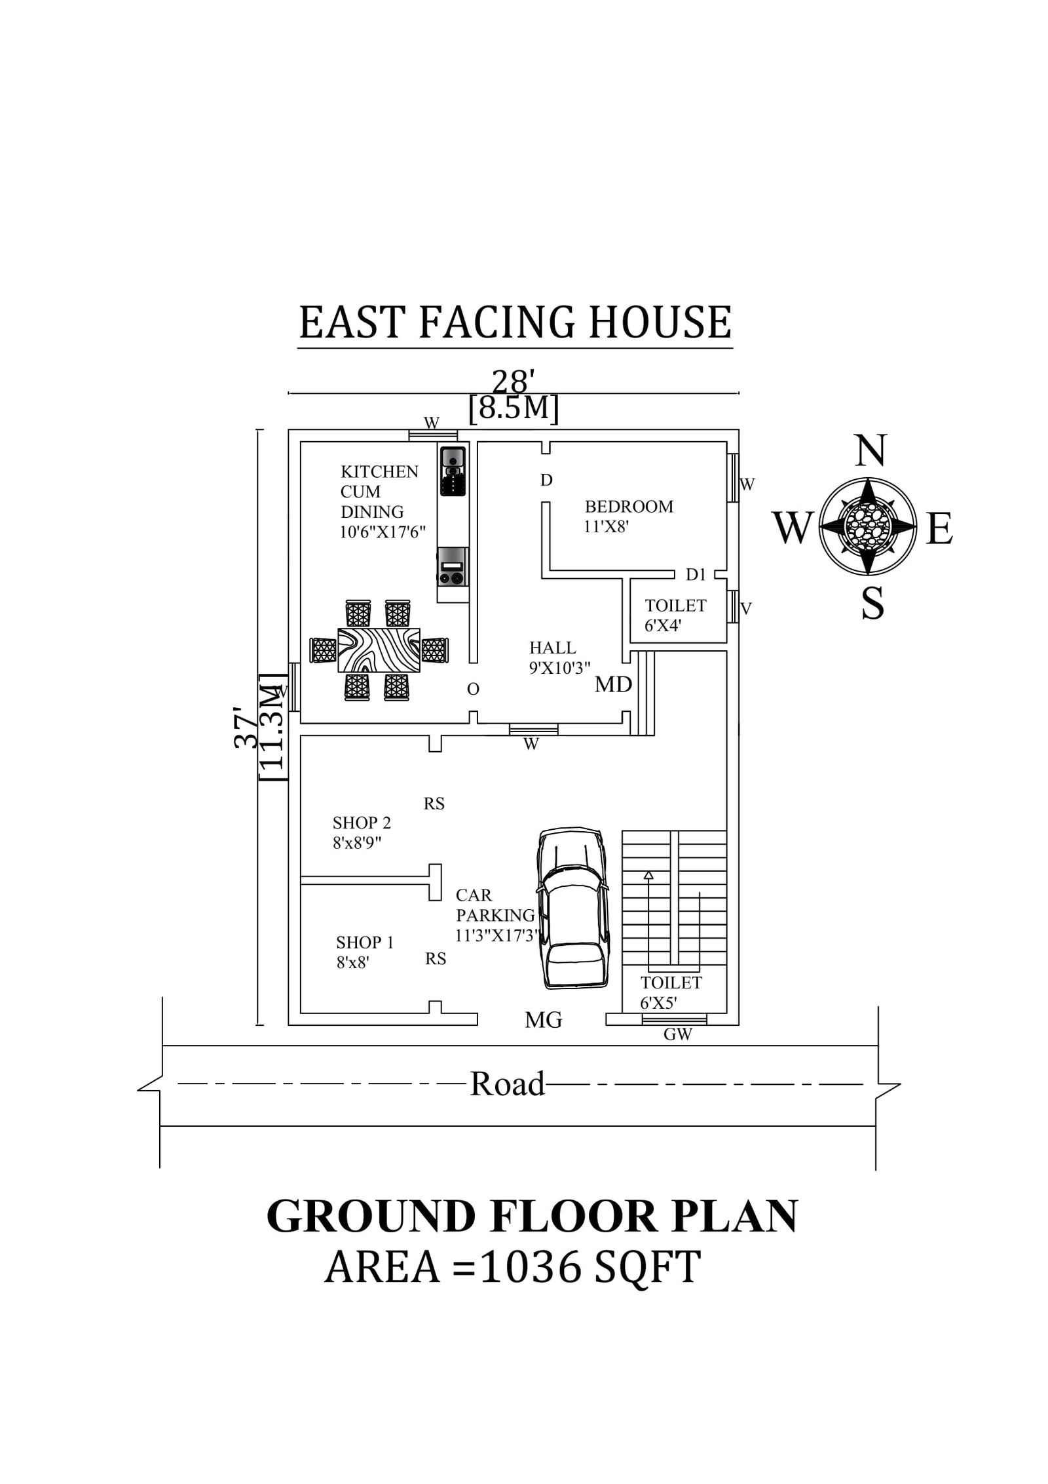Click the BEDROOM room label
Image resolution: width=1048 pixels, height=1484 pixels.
tap(628, 507)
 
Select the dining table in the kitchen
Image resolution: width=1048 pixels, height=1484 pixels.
tap(379, 650)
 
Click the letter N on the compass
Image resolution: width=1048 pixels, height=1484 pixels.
tap(870, 451)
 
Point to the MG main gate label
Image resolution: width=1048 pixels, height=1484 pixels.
tap(543, 1020)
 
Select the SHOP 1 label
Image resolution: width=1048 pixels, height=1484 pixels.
tap(364, 943)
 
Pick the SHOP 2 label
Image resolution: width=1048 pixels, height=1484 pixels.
tap(361, 823)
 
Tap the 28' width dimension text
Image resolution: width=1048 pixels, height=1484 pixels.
tap(514, 381)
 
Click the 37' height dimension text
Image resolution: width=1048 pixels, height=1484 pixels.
tap(247, 727)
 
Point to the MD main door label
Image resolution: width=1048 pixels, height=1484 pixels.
tap(613, 684)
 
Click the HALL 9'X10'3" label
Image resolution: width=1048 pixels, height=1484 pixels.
tap(559, 657)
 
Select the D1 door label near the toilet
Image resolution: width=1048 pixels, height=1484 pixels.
tap(696, 575)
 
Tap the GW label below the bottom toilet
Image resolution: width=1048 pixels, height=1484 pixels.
tap(677, 1035)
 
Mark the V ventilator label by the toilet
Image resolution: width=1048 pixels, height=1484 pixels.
tap(745, 609)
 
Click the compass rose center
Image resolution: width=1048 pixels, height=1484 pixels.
tap(868, 524)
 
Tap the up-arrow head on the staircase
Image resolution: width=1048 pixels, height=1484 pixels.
tap(648, 875)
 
